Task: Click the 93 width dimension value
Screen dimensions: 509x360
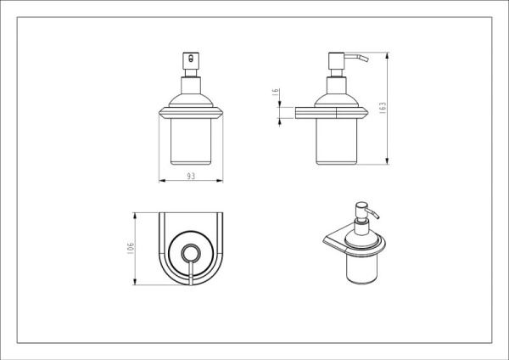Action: pyautogui.click(x=191, y=176)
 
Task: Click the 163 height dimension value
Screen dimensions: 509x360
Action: pyautogui.click(x=383, y=108)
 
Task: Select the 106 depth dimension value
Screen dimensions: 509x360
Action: pyautogui.click(x=131, y=248)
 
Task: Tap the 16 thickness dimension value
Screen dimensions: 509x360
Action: pyautogui.click(x=275, y=92)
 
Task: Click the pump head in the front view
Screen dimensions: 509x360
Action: pyautogui.click(x=191, y=60)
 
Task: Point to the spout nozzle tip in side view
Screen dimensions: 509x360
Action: pyautogui.click(x=366, y=59)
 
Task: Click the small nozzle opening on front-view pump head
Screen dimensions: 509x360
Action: pyautogui.click(x=191, y=59)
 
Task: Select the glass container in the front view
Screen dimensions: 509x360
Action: pyautogui.click(x=191, y=142)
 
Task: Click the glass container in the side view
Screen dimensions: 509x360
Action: pyautogui.click(x=336, y=142)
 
